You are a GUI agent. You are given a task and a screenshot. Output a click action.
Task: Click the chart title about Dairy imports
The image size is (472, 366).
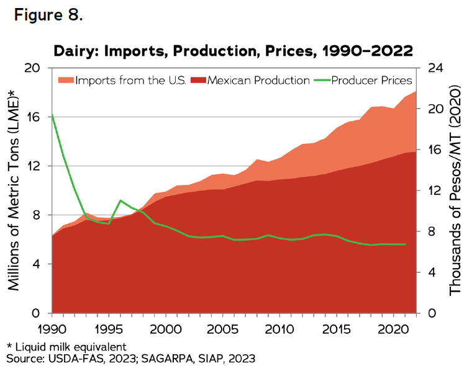(233, 50)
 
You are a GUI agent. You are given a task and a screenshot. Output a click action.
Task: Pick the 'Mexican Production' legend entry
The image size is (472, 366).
(252, 80)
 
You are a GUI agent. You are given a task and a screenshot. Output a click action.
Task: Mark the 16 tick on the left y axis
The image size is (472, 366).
(34, 117)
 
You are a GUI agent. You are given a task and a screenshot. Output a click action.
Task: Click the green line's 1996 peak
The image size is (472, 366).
(120, 200)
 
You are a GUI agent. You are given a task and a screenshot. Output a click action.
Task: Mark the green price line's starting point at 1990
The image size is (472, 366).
(52, 115)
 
